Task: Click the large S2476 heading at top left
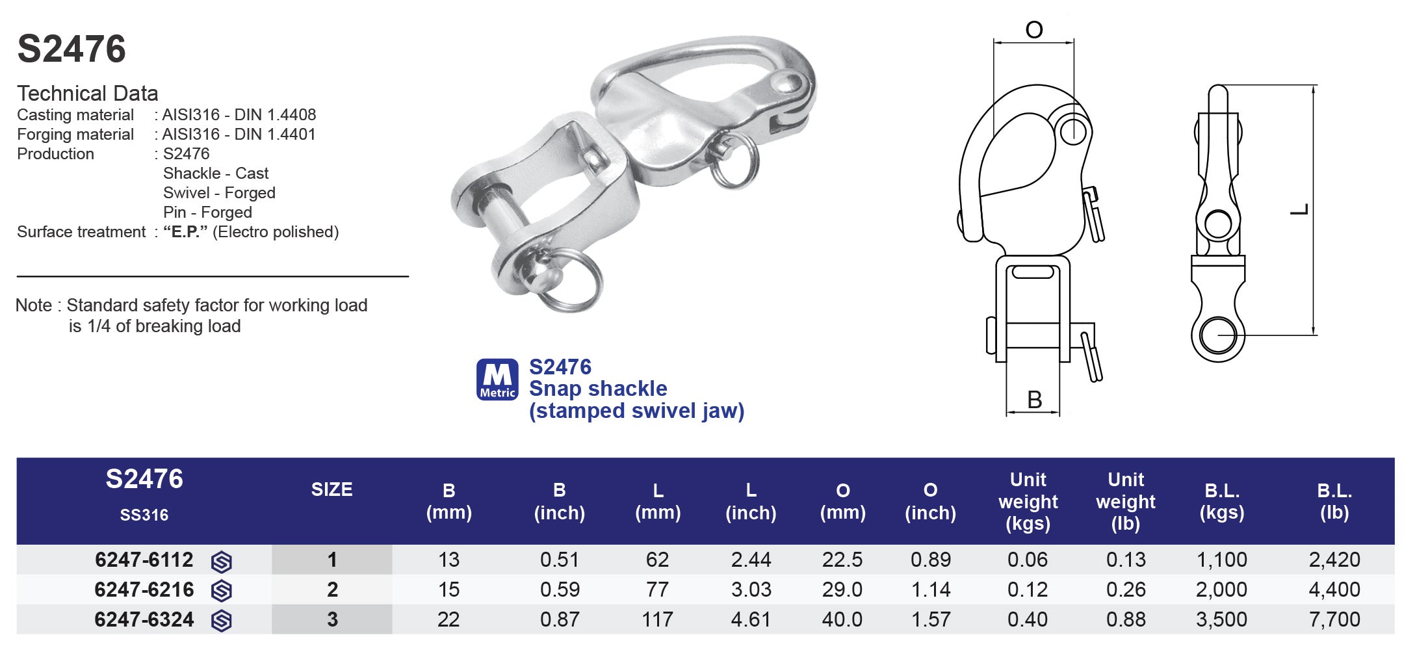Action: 71,49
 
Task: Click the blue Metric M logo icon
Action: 497,379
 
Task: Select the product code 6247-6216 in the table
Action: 144,590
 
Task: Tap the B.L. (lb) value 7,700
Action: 1334,619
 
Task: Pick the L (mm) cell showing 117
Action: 657,619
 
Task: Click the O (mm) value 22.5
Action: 842,560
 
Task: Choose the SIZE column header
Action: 331,489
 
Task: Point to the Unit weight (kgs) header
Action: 1028,501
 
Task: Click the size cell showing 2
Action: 332,590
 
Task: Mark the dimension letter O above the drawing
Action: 1033,30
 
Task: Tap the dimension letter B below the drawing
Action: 1034,400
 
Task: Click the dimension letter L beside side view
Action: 1299,209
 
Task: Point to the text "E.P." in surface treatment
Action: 185,232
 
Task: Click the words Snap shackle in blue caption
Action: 597,389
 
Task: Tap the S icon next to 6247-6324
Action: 222,620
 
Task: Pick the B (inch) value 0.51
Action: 559,560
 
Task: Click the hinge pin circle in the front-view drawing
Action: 1073,131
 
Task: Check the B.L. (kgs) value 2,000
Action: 1221,590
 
